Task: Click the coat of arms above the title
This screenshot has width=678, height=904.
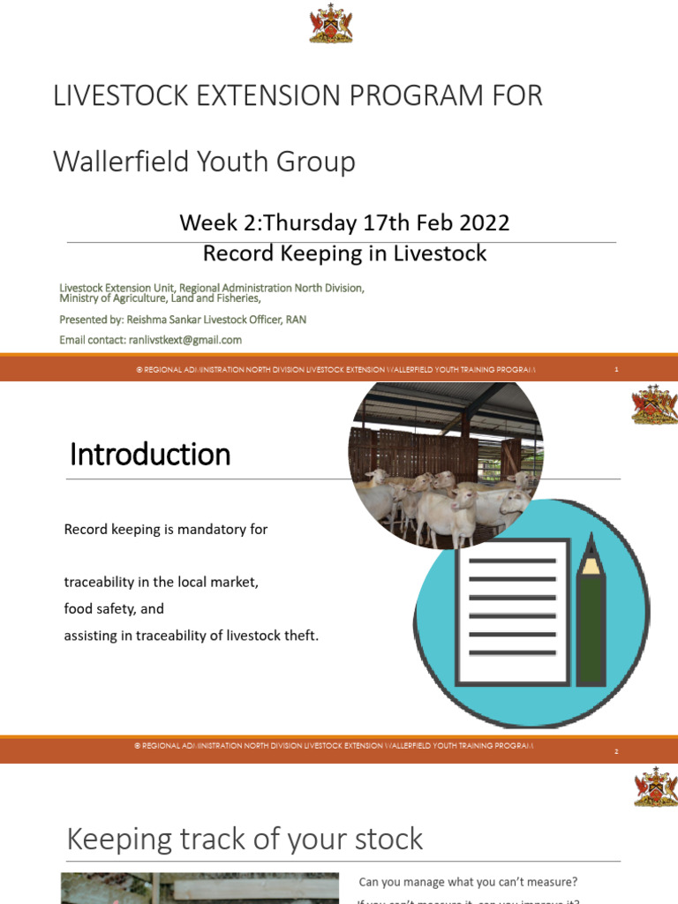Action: pyautogui.click(x=331, y=25)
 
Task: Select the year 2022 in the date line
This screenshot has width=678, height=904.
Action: pyautogui.click(x=485, y=222)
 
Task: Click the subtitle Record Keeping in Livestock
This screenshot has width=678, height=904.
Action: pyautogui.click(x=344, y=253)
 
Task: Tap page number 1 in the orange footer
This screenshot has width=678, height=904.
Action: pyautogui.click(x=616, y=370)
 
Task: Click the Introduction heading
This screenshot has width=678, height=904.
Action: pyautogui.click(x=149, y=455)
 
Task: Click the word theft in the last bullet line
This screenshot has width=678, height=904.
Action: pyautogui.click(x=300, y=635)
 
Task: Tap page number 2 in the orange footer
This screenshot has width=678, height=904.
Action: pyautogui.click(x=616, y=751)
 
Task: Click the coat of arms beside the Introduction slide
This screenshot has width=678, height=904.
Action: pyautogui.click(x=654, y=404)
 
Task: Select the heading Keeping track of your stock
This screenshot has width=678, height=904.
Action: pyautogui.click(x=245, y=839)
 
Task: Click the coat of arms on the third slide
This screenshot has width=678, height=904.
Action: pyautogui.click(x=655, y=786)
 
